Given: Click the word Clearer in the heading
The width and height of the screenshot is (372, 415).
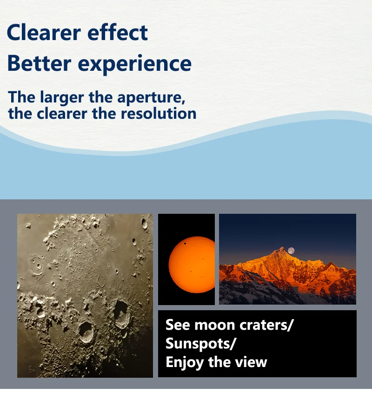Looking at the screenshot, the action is pyautogui.click(x=44, y=32).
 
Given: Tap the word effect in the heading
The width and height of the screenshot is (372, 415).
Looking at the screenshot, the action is pyautogui.click(x=118, y=32).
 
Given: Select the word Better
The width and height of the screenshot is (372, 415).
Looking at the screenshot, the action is pyautogui.click(x=40, y=63).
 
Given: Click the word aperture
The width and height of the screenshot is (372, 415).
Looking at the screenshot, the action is pyautogui.click(x=151, y=98).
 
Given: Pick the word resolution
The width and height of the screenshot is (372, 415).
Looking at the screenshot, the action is pyautogui.click(x=159, y=114).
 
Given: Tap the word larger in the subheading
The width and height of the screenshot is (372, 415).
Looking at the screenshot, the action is pyautogui.click(x=62, y=98).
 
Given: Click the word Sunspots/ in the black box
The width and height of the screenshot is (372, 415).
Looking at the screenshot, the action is pyautogui.click(x=200, y=344).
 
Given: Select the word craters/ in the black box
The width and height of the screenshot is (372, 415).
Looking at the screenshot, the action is pyautogui.click(x=266, y=325).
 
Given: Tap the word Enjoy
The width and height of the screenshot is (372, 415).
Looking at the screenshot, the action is pyautogui.click(x=185, y=362).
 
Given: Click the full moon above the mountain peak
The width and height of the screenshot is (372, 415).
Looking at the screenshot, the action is pyautogui.click(x=291, y=251).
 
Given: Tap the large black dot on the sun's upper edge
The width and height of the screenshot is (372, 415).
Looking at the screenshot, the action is pyautogui.click(x=185, y=244).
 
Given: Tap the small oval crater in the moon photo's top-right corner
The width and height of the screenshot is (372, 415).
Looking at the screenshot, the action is pyautogui.click(x=144, y=224).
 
